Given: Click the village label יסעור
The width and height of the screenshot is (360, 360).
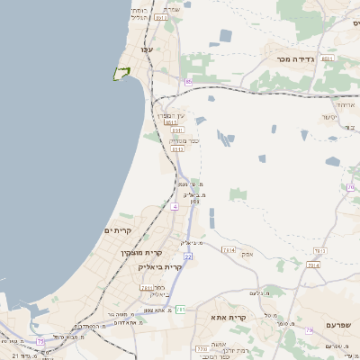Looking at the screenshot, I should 330,117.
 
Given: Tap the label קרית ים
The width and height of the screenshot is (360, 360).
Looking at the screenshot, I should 118,231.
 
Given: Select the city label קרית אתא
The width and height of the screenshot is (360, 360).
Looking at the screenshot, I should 229,318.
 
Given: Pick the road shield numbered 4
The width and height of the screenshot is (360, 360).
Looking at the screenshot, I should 174,207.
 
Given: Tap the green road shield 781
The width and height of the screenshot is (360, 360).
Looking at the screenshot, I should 180,310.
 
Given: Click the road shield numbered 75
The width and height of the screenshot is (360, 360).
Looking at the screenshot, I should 40,341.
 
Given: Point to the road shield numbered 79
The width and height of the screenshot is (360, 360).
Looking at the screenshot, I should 310,330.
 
